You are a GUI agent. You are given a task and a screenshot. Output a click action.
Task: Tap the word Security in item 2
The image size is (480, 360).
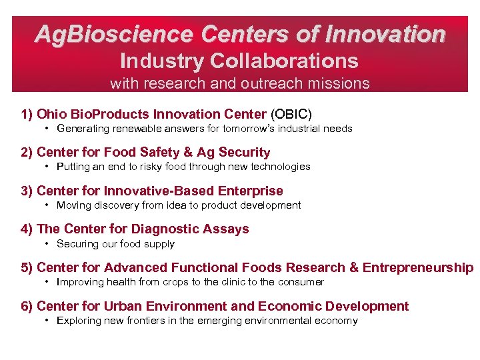(x=243, y=152)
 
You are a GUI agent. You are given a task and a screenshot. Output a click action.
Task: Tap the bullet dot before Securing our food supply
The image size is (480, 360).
(x=48, y=244)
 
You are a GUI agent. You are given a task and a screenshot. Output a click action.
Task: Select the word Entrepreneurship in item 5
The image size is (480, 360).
(x=421, y=268)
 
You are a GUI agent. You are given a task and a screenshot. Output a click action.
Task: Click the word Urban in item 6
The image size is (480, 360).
(x=122, y=307)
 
